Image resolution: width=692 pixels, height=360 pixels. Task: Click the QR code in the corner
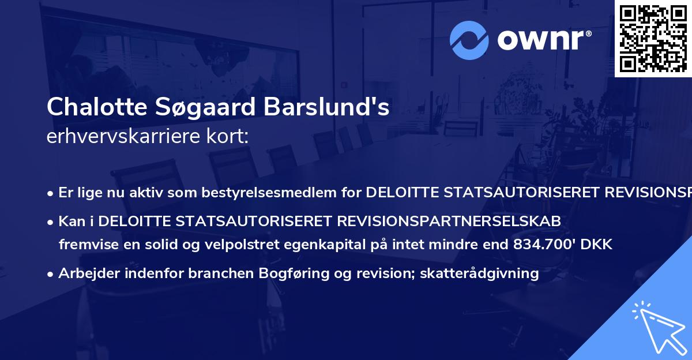(x=653, y=38)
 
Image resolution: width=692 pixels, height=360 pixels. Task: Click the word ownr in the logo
(x=543, y=41)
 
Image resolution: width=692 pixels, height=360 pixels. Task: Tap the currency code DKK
(x=599, y=245)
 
